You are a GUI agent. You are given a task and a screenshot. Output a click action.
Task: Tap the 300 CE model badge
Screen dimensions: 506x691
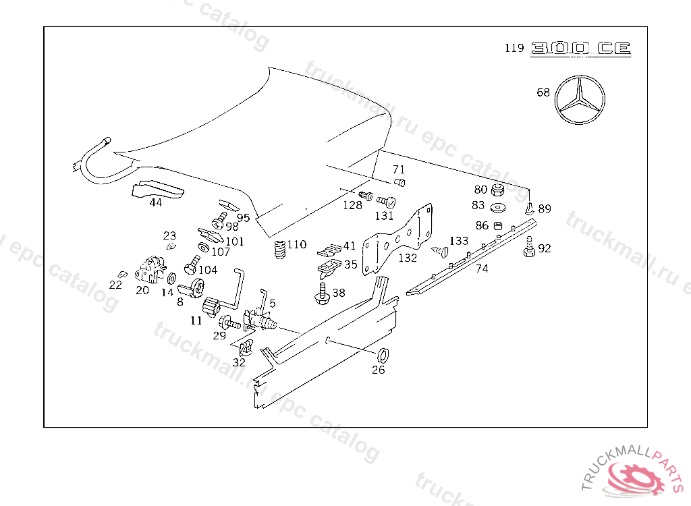click(x=580, y=48)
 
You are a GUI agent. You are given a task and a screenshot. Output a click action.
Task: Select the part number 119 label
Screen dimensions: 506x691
click(x=514, y=48)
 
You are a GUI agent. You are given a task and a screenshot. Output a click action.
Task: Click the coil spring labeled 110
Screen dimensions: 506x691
click(x=279, y=252)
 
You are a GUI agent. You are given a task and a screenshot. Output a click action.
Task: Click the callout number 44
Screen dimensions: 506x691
click(x=156, y=202)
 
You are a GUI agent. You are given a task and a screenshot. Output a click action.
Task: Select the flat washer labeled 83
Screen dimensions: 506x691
click(x=499, y=206)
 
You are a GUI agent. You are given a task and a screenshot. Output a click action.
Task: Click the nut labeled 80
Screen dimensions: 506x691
click(x=499, y=190)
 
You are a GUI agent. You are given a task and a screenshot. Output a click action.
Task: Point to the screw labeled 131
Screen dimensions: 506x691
click(x=385, y=202)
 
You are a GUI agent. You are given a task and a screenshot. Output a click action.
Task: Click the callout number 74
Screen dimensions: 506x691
click(x=482, y=269)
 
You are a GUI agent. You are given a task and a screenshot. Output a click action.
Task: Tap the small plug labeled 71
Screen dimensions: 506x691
click(x=399, y=182)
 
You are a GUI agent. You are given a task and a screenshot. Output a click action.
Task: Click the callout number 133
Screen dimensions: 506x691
click(x=459, y=241)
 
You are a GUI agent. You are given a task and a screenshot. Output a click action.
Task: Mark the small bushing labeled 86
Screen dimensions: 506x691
click(x=499, y=225)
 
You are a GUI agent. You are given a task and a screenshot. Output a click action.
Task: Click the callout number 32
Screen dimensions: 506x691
click(x=239, y=362)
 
